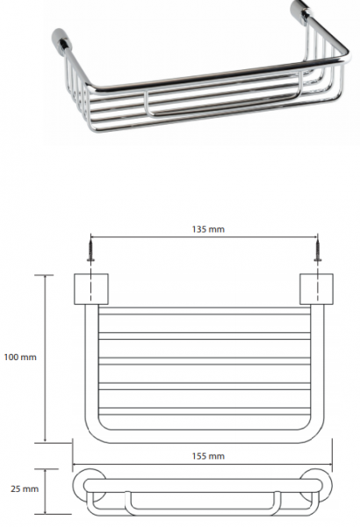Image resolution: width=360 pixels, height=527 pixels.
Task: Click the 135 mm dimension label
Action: pos(208,229)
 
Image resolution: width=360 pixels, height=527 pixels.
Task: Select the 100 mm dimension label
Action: pos(20,357)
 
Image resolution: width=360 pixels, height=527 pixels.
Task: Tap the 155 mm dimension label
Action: pos(208,456)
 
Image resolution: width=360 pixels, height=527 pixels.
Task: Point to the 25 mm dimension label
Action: pos(25,488)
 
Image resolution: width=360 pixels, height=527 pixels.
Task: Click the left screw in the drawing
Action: pos(90,249)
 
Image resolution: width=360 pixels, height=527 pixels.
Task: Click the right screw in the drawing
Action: pos(317,249)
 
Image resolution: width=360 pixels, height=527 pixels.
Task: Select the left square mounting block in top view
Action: pos(91,289)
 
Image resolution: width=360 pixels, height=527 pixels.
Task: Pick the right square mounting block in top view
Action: pos(317,289)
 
